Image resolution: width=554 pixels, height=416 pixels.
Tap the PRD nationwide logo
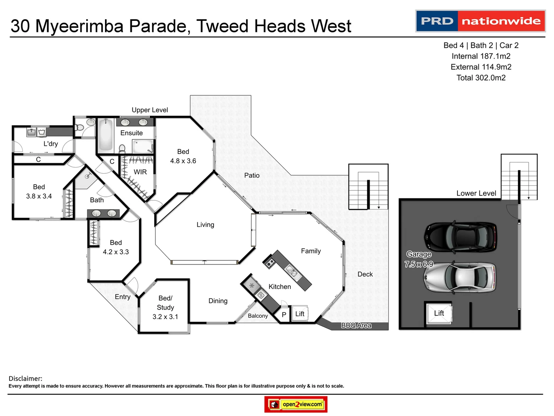[481, 21]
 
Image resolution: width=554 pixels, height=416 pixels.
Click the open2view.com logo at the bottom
[296, 404]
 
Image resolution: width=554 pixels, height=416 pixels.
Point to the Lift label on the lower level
[439, 313]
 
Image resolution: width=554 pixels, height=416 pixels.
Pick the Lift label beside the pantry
[300, 314]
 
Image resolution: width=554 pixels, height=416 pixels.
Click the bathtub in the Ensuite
[105, 134]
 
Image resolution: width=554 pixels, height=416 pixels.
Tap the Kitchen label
[280, 287]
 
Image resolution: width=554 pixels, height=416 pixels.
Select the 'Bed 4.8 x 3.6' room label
[183, 156]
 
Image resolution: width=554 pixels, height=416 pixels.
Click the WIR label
[140, 172]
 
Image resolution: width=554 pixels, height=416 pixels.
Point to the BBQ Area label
[356, 325]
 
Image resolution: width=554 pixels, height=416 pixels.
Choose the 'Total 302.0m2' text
[481, 78]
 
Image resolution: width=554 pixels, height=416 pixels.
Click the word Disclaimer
[25, 379]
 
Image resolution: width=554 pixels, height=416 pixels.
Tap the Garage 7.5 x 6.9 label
[419, 259]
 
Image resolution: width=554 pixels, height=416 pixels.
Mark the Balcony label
[258, 316]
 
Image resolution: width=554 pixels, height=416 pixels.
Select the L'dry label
[50, 144]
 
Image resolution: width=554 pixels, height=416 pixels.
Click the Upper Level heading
[150, 110]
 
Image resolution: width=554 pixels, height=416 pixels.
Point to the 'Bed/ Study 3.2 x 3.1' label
[165, 307]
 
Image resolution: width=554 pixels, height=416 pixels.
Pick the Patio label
[252, 175]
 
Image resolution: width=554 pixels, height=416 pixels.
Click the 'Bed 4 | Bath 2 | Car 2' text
[481, 45]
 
